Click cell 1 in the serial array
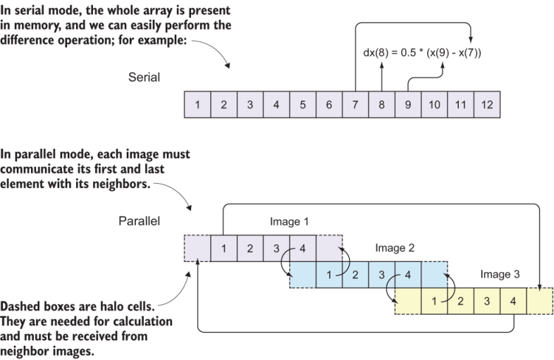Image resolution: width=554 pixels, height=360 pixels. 197,105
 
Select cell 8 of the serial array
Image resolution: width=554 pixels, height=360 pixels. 382,105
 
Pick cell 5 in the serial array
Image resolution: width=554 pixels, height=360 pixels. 303,105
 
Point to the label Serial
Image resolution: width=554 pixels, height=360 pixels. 144,77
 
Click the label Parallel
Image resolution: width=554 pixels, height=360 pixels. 140,221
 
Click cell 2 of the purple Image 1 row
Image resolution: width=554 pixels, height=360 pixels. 250,248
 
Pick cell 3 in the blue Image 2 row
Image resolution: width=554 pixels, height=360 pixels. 382,274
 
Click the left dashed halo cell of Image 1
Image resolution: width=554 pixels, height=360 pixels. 197,248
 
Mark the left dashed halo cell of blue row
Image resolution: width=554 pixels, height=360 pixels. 303,274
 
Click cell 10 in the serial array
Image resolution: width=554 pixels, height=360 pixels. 435,105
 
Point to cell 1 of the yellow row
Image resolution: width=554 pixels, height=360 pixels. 435,301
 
